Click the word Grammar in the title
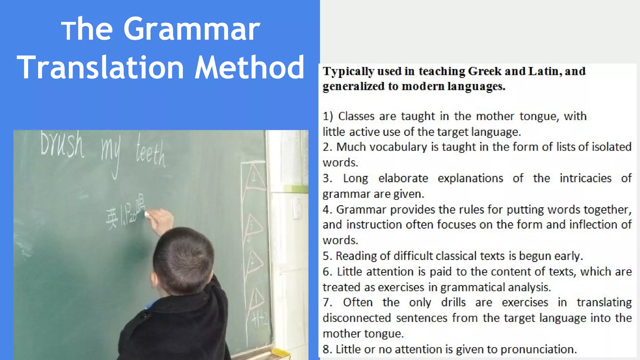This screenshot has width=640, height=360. tap(192, 29)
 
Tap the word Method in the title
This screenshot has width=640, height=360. tap(249, 67)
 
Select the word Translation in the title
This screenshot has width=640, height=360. tap(101, 67)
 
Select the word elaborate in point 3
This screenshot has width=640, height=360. tap(403, 178)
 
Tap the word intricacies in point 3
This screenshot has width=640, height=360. tap(585, 178)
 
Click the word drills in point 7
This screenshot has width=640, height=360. tap(453, 302)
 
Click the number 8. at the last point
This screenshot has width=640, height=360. tap(327, 349)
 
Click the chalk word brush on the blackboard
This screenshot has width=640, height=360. tap(62, 145)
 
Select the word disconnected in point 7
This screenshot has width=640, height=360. tap(357, 318)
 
